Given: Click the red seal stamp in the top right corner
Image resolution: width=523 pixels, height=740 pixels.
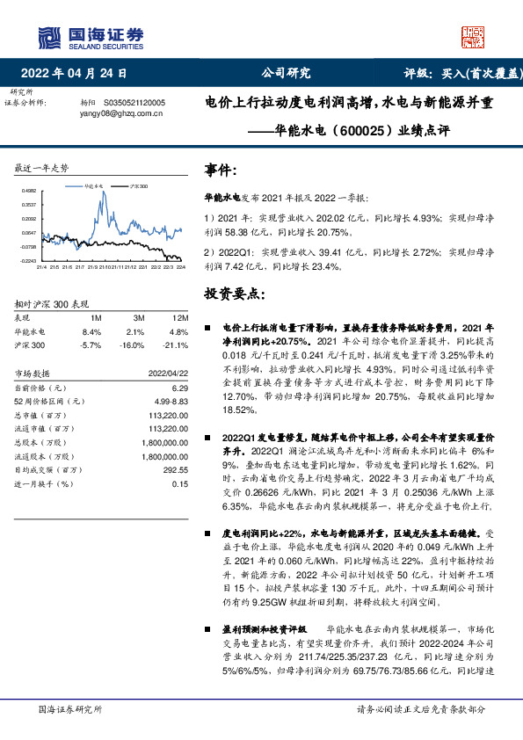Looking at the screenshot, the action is click(x=474, y=36).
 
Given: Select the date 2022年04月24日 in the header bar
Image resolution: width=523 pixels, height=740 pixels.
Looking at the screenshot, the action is click(x=80, y=74).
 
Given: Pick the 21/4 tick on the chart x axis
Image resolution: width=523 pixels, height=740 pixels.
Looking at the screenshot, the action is click(x=41, y=266).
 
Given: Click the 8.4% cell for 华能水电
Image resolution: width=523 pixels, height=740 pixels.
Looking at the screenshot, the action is click(x=91, y=331).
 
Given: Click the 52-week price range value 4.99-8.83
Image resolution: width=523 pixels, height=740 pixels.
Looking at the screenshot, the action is click(x=171, y=402).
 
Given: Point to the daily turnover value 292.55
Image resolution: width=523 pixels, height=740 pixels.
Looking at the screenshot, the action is click(x=175, y=470).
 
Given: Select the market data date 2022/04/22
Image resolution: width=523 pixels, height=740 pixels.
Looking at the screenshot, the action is click(x=168, y=374).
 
